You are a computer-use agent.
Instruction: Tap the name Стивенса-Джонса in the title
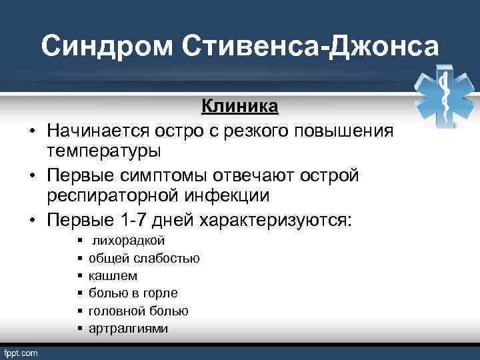click(310, 47)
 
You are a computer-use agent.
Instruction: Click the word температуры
click(103, 151)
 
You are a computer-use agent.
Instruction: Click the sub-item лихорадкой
click(129, 240)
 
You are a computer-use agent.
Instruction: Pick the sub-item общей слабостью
click(144, 258)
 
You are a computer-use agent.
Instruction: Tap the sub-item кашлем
click(113, 275)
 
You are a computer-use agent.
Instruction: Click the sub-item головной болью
click(139, 311)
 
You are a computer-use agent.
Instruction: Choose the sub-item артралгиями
click(129, 329)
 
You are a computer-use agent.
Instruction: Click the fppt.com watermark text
click(21, 352)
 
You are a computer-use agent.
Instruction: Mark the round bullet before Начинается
click(31, 129)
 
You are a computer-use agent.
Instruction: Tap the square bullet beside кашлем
click(79, 275)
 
